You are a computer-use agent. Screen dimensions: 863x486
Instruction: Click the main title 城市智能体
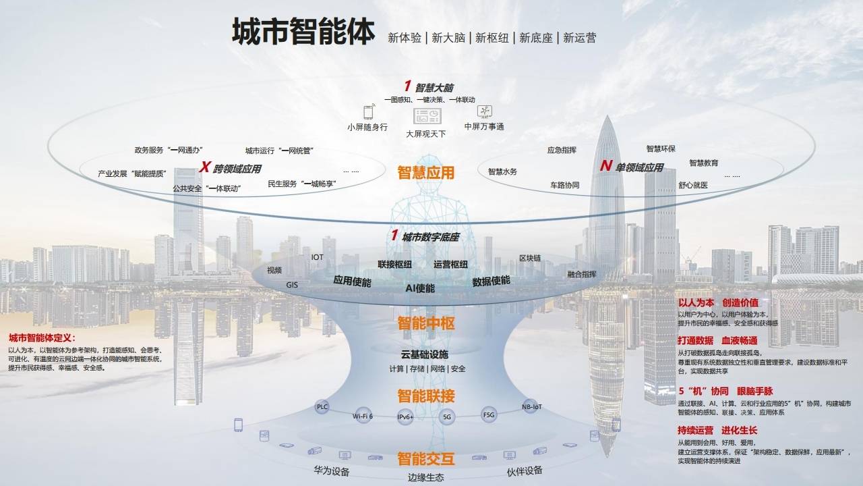coord(303,32)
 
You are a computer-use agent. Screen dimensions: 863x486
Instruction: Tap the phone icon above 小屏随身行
coord(368,112)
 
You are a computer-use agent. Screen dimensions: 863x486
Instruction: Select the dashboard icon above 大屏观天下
coord(427,116)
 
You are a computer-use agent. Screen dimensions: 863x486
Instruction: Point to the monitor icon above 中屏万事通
coord(484,111)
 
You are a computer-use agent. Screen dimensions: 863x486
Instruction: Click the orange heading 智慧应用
coord(425,173)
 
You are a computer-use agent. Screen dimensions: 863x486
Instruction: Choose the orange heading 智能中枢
coord(425,323)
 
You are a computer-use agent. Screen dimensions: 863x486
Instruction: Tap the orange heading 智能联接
coord(425,396)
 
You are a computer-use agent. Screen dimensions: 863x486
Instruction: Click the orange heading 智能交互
coord(425,460)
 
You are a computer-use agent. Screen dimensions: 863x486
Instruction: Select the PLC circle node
coord(322,406)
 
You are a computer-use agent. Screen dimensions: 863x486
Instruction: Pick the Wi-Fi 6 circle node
coord(363,416)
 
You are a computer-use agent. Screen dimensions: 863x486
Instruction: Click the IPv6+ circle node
coord(405,418)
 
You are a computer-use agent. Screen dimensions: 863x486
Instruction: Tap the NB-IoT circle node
coord(531,406)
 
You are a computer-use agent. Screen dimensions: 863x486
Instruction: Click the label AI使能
coord(419,288)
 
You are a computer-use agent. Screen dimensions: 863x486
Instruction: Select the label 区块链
coord(530,259)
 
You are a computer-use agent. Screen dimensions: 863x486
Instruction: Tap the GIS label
coord(292,285)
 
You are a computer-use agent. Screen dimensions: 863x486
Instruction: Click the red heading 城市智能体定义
coord(42,337)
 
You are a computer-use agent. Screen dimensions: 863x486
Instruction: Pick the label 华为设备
coord(331,471)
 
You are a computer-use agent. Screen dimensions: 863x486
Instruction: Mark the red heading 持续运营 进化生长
coord(717,430)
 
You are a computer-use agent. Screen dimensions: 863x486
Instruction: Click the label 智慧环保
coord(661,148)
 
